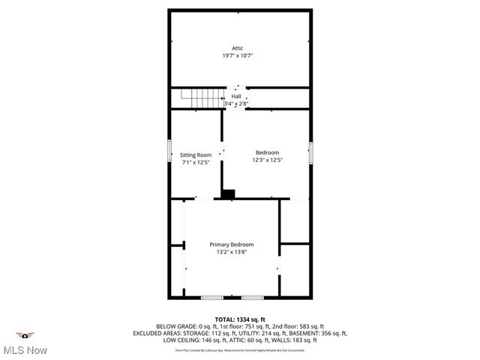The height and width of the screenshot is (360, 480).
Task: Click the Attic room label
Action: (237, 48)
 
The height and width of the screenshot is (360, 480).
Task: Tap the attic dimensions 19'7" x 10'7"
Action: (237, 56)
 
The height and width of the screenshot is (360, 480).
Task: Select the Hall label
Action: (236, 96)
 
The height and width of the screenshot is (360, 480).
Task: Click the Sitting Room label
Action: (195, 155)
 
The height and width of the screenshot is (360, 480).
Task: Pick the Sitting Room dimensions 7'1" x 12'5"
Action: (195, 163)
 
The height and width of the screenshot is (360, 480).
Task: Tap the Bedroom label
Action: (267, 152)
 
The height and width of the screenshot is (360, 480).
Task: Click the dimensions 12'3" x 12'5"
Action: (267, 160)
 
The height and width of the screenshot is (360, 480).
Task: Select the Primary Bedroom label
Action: (231, 244)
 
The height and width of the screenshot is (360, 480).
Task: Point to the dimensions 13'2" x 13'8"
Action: (231, 252)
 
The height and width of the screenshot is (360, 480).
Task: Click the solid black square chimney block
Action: (227, 193)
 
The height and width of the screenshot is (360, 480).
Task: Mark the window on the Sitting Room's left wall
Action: (169, 154)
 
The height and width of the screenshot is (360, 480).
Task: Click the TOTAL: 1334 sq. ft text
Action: (240, 319)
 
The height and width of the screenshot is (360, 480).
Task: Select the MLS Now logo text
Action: (25, 349)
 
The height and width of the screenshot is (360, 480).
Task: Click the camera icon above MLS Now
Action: (25, 334)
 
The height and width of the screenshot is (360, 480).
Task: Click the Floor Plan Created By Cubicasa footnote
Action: (240, 349)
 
